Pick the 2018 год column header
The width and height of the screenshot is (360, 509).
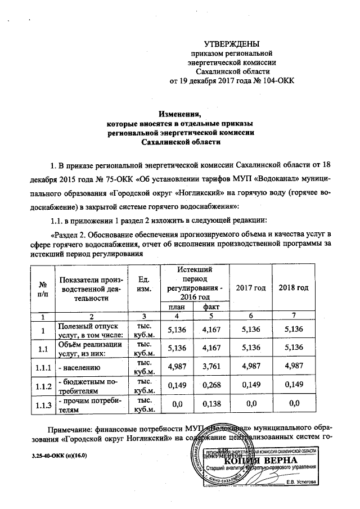(294, 288)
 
